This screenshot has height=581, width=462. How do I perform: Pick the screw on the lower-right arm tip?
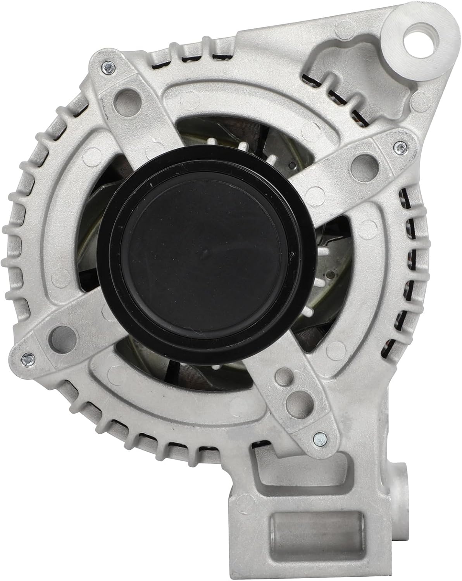click(x=317, y=438)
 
